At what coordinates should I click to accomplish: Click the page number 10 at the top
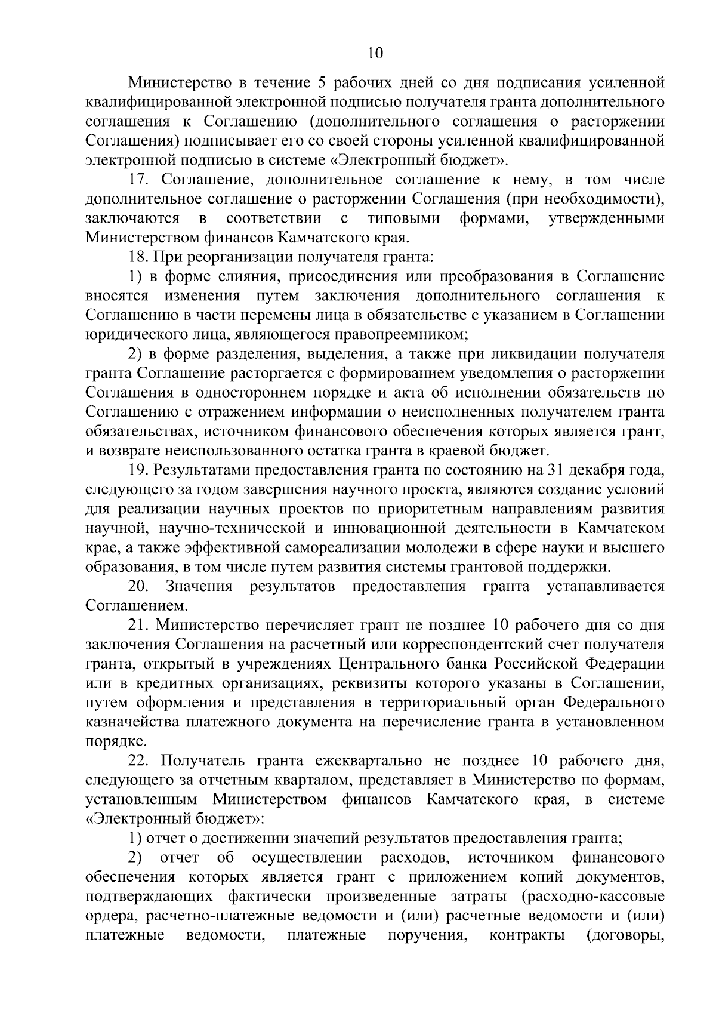pos(375,53)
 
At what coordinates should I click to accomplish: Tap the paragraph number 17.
pos(141,180)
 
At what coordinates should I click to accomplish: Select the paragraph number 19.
pos(140,471)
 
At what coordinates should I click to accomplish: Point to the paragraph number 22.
pos(141,761)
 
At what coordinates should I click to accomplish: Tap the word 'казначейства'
pos(132,722)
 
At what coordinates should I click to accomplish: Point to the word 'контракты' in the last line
pos(527,935)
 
